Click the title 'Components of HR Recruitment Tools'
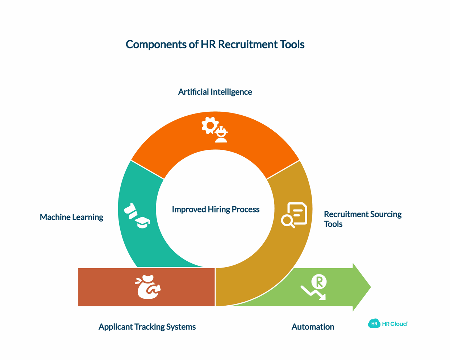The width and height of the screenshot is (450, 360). coord(215,44)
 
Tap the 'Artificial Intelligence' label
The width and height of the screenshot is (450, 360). coord(215,92)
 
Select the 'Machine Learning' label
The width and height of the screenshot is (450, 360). coord(71,217)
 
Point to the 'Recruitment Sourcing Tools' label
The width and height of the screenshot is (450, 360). coord(362,219)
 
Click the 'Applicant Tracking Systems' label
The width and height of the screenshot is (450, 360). coord(147,327)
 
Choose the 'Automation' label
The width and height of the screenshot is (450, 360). coord(313,327)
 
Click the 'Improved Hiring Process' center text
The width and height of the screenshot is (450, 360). coord(216,209)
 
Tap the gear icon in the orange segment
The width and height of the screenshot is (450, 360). coord(209,125)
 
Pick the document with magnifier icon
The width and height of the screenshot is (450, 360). coord(294,215)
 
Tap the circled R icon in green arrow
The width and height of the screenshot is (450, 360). coord(319,281)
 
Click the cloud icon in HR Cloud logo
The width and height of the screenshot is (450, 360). coord(374,323)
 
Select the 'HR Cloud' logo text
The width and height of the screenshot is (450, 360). coord(395,324)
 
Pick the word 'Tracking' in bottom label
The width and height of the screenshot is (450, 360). coord(150,327)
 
